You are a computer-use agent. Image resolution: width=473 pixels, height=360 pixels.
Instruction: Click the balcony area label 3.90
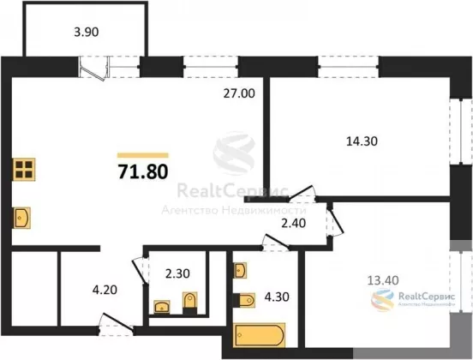coord(87,32)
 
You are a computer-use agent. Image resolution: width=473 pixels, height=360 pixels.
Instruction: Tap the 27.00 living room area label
coord(239,93)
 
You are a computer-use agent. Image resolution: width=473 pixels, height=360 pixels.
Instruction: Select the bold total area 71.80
coord(143,171)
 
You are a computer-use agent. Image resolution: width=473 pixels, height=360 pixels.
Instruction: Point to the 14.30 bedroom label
coord(362,141)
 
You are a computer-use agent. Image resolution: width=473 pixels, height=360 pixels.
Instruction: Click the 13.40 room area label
coord(383,280)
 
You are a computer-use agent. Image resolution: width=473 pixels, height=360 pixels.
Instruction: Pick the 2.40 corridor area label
coord(294,224)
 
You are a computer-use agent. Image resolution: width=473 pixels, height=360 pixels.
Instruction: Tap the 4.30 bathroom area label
coord(277,297)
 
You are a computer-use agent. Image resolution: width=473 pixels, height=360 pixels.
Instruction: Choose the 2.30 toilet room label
coord(177,273)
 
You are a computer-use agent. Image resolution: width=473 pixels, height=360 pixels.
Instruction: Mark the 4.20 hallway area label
coord(105,290)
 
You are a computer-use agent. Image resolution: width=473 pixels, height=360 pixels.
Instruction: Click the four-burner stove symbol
coord(24,170)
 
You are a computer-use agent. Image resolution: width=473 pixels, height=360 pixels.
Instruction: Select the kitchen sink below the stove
coord(21,218)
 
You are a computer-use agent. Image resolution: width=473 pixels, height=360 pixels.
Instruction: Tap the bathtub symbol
coord(260,334)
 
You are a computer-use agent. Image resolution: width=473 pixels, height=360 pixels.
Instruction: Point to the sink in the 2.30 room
coord(162,307)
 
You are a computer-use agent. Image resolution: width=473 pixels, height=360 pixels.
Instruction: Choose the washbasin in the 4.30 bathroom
coord(241,270)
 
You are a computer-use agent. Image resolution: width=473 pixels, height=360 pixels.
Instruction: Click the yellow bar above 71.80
coord(143,155)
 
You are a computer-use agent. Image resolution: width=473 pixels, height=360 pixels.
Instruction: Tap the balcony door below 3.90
coord(93,69)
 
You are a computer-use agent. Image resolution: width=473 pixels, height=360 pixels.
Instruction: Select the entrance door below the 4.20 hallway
coord(117,326)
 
